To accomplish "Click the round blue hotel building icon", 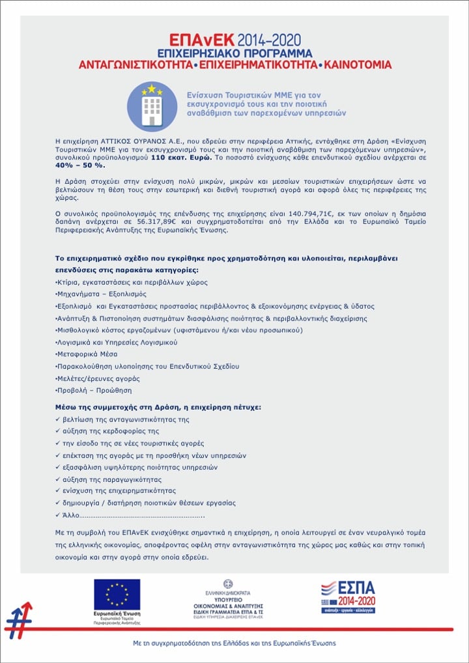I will [152, 106].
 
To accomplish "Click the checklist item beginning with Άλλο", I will [130, 515].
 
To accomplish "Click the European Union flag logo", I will [117, 595].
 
